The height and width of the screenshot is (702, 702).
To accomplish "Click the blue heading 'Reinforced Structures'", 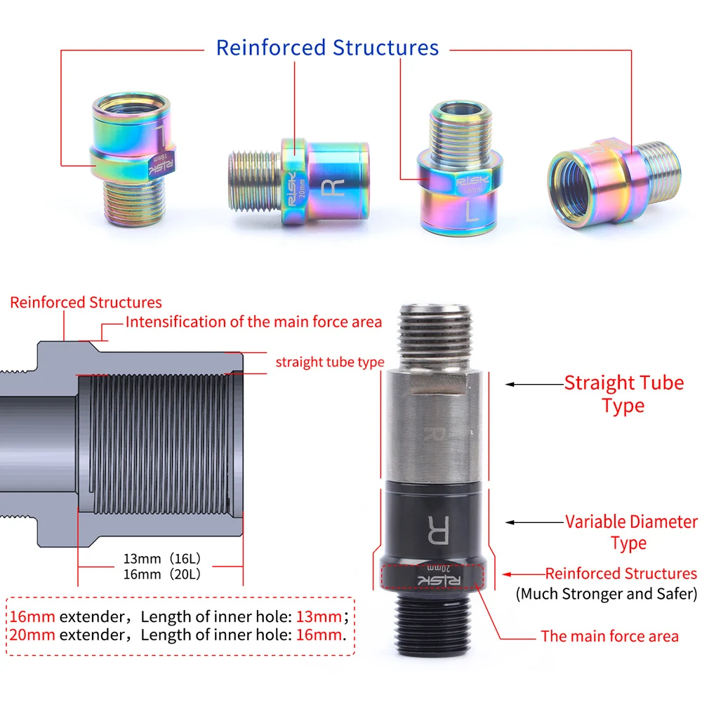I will coord(327,48).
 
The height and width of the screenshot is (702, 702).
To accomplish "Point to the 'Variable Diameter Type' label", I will coord(631,532).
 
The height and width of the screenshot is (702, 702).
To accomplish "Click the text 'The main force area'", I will coord(609,636).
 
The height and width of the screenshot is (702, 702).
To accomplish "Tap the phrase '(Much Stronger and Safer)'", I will coord(607,594).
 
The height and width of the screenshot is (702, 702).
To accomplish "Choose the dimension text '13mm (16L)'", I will coord(162,559).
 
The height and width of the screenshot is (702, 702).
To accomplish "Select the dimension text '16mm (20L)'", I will coord(162,574).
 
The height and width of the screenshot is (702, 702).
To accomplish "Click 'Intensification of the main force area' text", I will coord(253,322).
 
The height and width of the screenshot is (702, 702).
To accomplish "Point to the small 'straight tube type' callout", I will coord(329,362).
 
